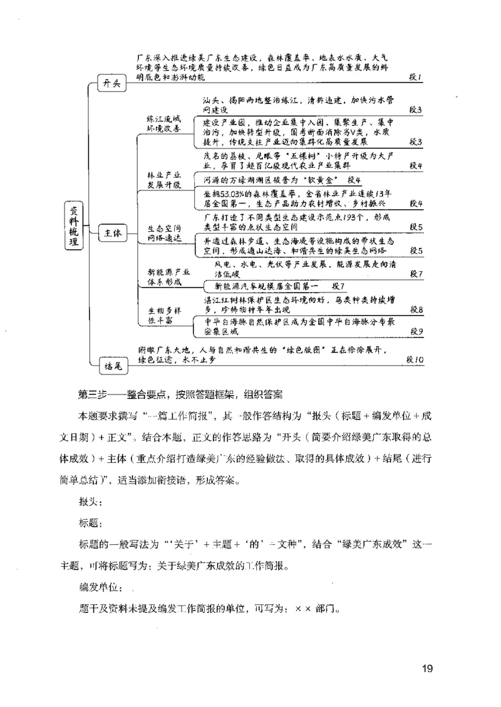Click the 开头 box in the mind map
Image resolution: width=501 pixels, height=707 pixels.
112,84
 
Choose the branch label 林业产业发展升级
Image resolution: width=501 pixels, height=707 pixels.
163,180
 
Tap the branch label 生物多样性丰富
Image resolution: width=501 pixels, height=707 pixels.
163,315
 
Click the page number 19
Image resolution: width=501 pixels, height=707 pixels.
428,668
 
